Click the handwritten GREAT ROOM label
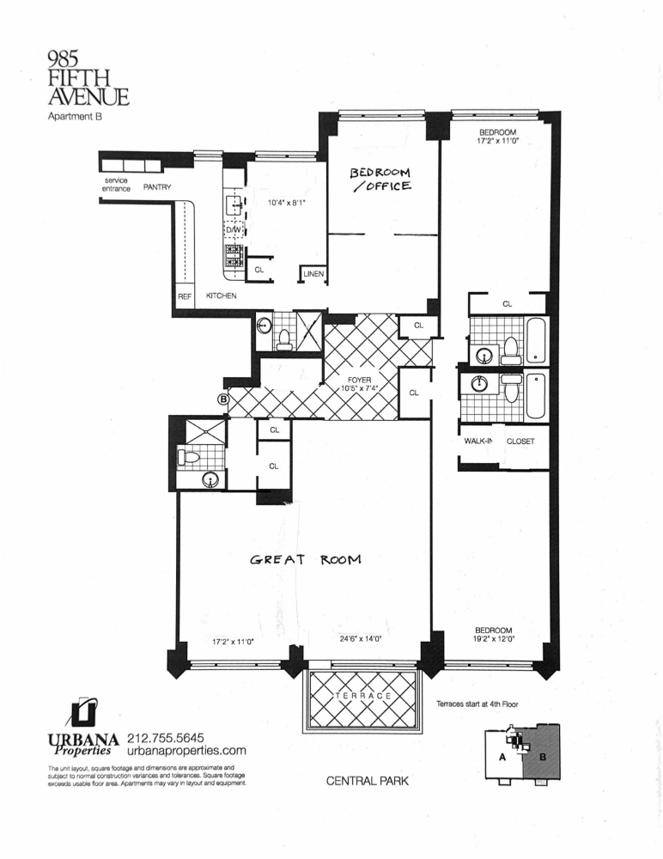tap(305, 559)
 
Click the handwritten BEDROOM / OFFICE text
tap(380, 179)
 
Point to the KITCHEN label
tap(222, 295)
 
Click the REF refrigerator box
tap(185, 295)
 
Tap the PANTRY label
tap(157, 186)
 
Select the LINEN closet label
tap(313, 275)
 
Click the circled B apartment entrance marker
tap(223, 399)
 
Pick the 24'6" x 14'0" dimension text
tap(359, 638)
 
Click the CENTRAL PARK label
tap(366, 782)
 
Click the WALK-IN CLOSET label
tap(499, 442)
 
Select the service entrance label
tap(116, 184)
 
